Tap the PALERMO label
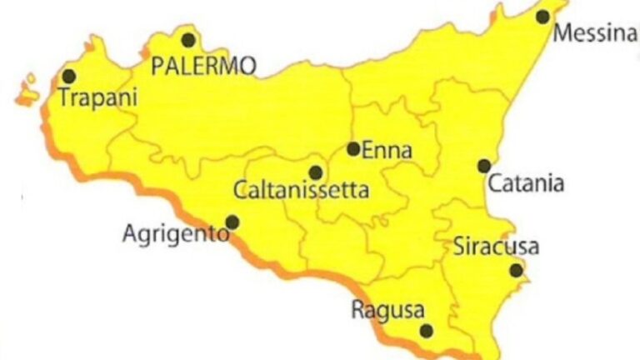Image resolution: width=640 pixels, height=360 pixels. (203, 66)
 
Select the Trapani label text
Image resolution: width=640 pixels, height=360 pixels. (97, 97)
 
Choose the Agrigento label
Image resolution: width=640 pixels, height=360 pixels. (175, 233)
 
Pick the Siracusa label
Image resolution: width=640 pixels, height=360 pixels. (496, 247)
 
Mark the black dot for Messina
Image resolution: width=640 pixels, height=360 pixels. (542, 16)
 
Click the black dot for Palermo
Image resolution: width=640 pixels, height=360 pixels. (189, 39)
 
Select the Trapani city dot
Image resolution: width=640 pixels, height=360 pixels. (68, 76)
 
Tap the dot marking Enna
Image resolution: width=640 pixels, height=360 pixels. (353, 149)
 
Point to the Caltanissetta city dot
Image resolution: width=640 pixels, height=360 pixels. (315, 172)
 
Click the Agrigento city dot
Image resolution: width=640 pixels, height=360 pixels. (232, 222)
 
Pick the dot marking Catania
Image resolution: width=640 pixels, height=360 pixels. (484, 166)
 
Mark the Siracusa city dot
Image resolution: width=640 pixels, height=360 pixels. (517, 270)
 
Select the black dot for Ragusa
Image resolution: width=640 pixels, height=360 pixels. (427, 331)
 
